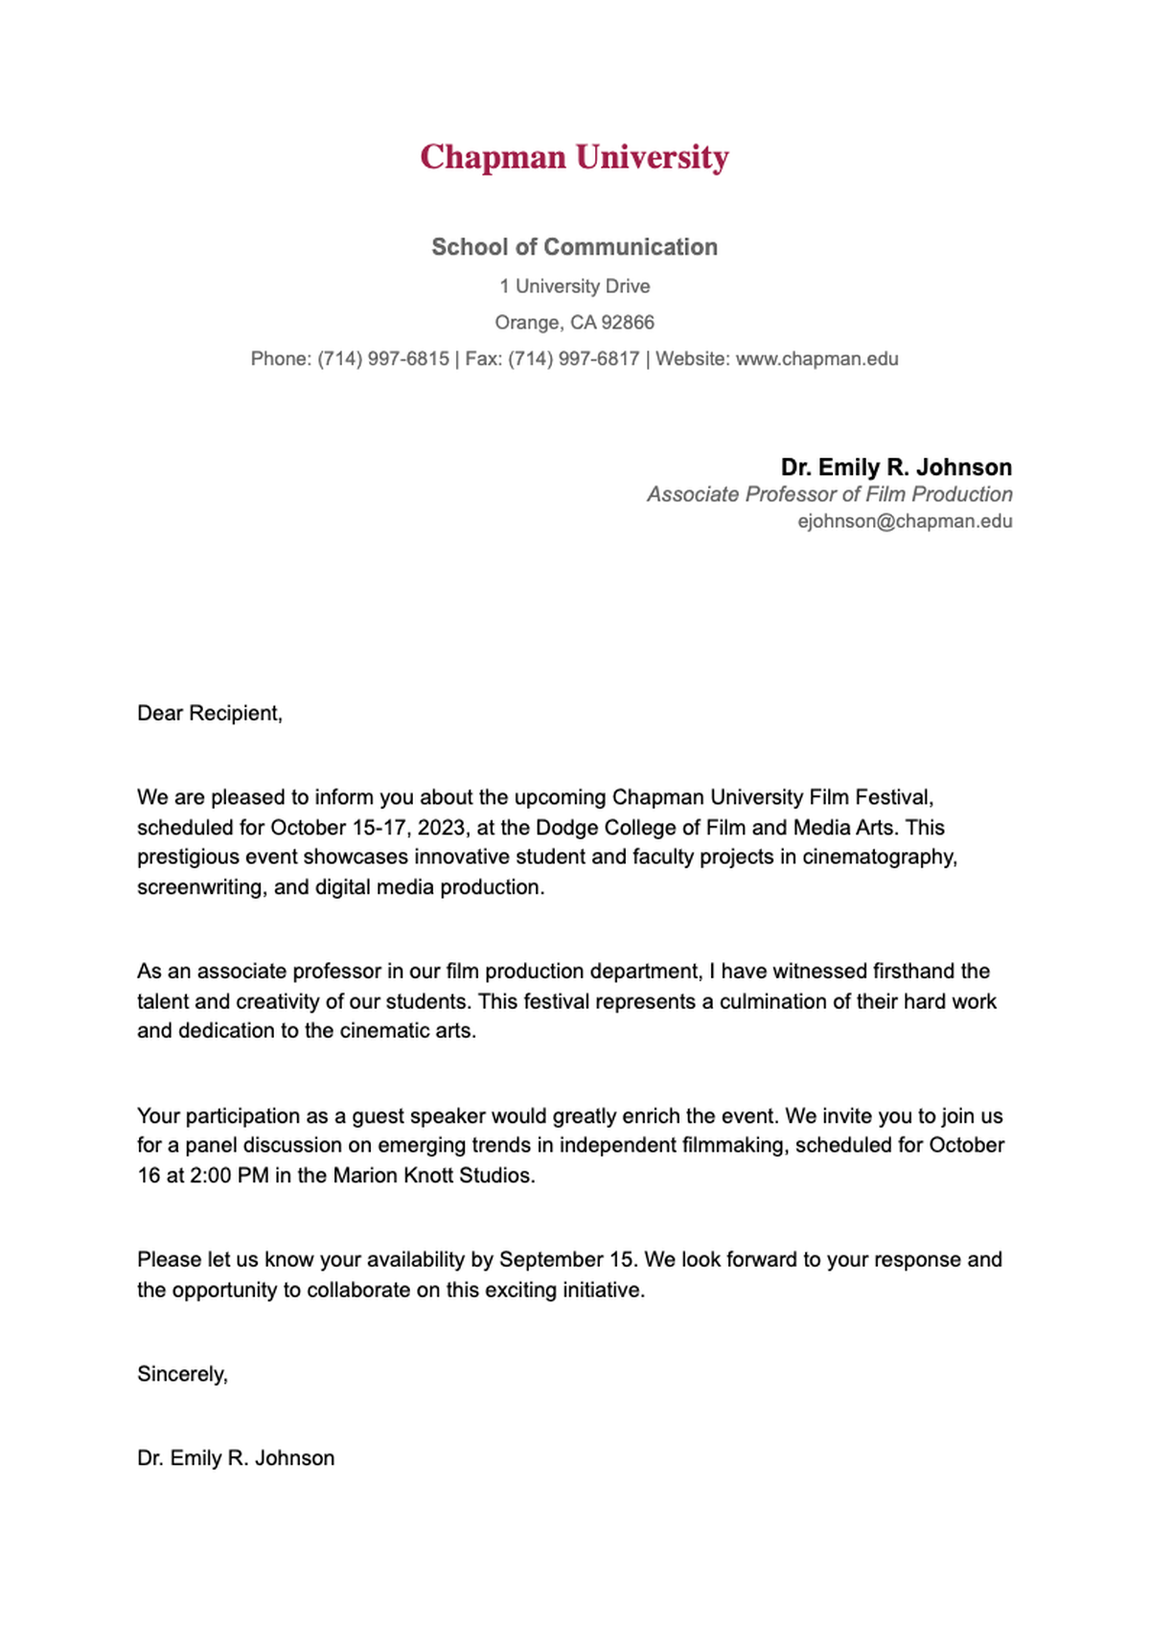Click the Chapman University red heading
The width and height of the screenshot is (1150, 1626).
click(x=574, y=157)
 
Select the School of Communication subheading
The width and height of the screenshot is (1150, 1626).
click(x=574, y=247)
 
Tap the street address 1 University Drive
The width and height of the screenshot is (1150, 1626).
click(x=574, y=286)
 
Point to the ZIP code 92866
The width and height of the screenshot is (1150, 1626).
click(x=627, y=323)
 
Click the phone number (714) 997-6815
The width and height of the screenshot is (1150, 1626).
click(x=383, y=359)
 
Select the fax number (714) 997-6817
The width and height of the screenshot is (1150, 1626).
click(x=573, y=359)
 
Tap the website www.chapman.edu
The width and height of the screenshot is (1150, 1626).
click(x=816, y=359)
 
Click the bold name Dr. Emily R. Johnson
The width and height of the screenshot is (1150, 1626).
click(x=896, y=468)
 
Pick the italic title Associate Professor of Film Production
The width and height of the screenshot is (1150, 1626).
click(x=829, y=494)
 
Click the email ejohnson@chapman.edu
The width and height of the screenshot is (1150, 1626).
click(x=905, y=521)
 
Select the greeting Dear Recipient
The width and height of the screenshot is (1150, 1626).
click(x=210, y=714)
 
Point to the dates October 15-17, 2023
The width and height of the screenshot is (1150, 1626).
click(x=368, y=828)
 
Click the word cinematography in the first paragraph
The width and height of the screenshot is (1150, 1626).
click(x=880, y=858)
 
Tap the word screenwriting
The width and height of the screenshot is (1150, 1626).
click(x=199, y=887)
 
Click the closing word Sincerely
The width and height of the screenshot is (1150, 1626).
click(x=181, y=1375)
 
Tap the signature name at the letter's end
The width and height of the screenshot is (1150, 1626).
click(x=236, y=1458)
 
